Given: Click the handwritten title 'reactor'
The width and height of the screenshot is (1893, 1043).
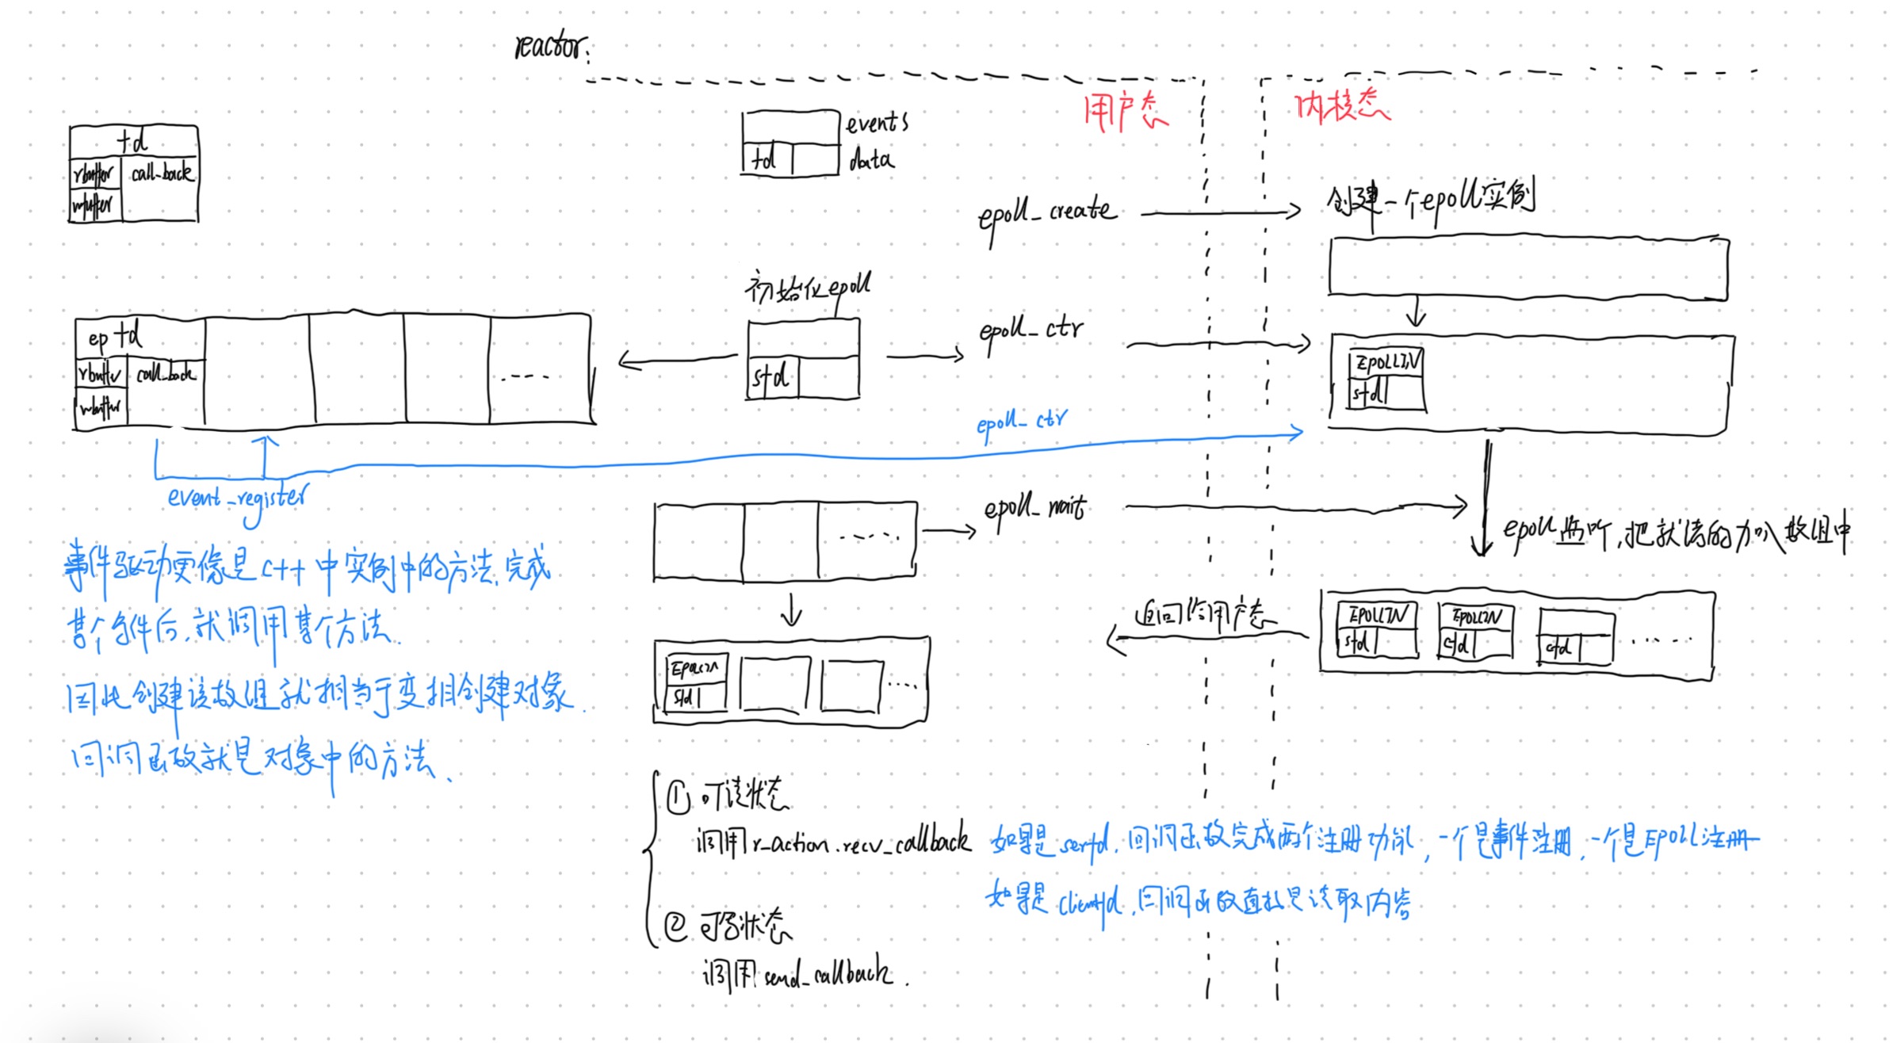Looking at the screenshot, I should point(551,46).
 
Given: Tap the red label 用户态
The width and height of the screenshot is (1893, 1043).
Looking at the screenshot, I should point(1125,112).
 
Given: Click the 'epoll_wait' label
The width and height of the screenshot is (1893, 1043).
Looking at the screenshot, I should point(1034,507).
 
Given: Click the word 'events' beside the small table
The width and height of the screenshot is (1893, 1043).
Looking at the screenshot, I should point(876,124).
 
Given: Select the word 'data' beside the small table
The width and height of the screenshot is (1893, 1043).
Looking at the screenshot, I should point(871,161).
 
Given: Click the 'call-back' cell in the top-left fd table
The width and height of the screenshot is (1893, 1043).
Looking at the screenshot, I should point(162,173).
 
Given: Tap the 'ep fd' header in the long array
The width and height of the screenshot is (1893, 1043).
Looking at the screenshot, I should point(115,337).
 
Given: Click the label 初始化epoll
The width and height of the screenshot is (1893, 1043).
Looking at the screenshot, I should point(807,287).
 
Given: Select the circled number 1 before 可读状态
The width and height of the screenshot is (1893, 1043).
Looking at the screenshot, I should point(679,797).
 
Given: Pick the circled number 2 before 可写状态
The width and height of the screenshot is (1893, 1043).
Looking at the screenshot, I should point(675,926).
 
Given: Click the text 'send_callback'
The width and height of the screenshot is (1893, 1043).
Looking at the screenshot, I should point(828,974).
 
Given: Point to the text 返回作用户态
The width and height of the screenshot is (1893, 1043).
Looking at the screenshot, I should point(1204,614).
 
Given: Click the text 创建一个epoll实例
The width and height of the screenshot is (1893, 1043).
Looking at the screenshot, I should point(1431,198).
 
